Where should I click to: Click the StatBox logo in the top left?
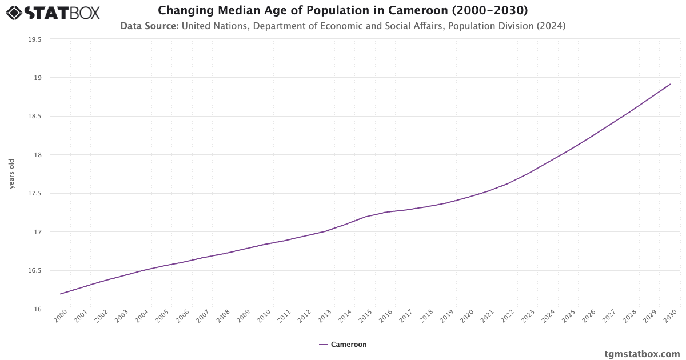[x=53, y=12]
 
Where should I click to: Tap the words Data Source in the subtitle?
[x=149, y=26]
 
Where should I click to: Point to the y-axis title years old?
[x=12, y=173]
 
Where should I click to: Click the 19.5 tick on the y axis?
[x=35, y=39]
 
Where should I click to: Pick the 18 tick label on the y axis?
[x=38, y=155]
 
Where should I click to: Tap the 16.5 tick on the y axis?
[x=35, y=270]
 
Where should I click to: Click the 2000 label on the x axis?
[x=61, y=317]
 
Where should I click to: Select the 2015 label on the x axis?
[x=365, y=317]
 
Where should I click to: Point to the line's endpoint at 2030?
[x=670, y=84]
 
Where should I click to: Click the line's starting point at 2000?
[x=61, y=294]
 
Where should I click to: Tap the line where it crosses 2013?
[x=325, y=231]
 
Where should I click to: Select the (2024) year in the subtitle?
[x=552, y=26]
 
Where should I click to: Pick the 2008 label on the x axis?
[x=223, y=317]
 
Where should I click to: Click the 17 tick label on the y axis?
[x=38, y=232]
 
